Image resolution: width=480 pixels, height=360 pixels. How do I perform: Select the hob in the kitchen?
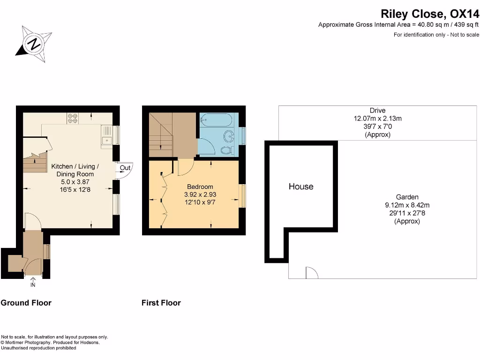[x=73, y=119]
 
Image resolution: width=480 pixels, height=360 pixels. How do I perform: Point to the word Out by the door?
[x=125, y=168]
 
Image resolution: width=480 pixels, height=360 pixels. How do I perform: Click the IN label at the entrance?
[x=33, y=285]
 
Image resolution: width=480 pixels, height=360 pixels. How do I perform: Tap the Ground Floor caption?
[x=26, y=303]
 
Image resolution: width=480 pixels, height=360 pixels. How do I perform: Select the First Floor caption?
[x=161, y=303]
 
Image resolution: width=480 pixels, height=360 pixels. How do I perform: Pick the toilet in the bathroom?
[x=226, y=150]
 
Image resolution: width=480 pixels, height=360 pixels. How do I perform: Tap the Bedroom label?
[x=200, y=187]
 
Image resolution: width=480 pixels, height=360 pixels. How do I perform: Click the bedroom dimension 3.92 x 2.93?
[x=200, y=194]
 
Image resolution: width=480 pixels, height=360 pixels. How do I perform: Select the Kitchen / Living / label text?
[x=75, y=166]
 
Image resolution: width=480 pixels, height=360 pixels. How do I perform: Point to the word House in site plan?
[x=301, y=187]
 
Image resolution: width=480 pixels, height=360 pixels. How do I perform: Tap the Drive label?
[x=377, y=111]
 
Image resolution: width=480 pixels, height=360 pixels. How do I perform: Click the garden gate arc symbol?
[x=311, y=273]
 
